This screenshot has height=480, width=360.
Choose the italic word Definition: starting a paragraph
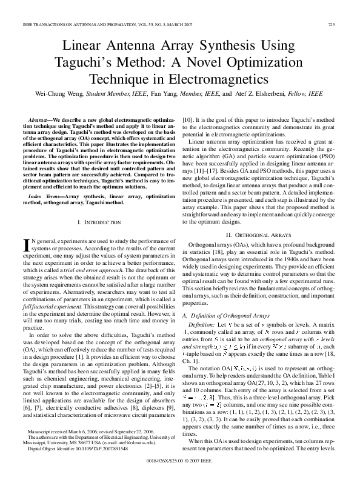201,328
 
